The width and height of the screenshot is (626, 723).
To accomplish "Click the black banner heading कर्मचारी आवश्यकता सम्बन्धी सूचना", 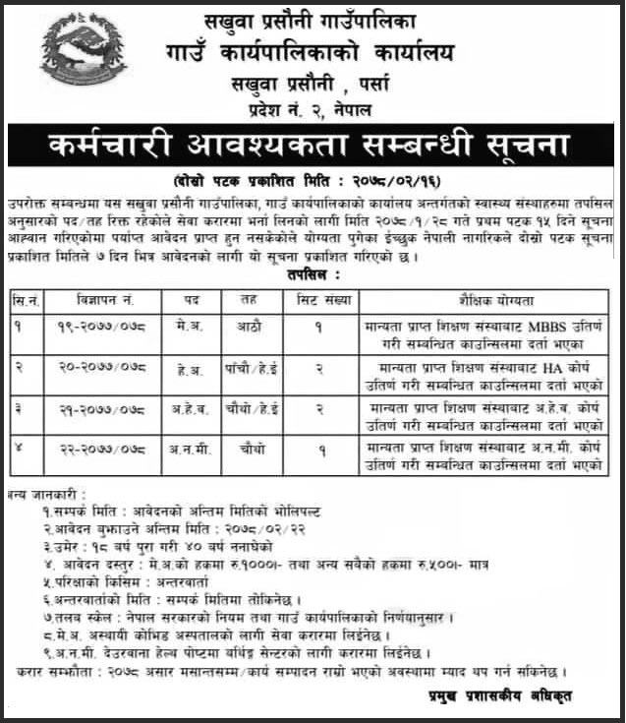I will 312,148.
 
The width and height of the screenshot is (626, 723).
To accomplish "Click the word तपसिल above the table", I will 309,278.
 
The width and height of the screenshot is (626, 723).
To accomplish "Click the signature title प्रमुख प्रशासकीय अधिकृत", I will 526,695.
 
